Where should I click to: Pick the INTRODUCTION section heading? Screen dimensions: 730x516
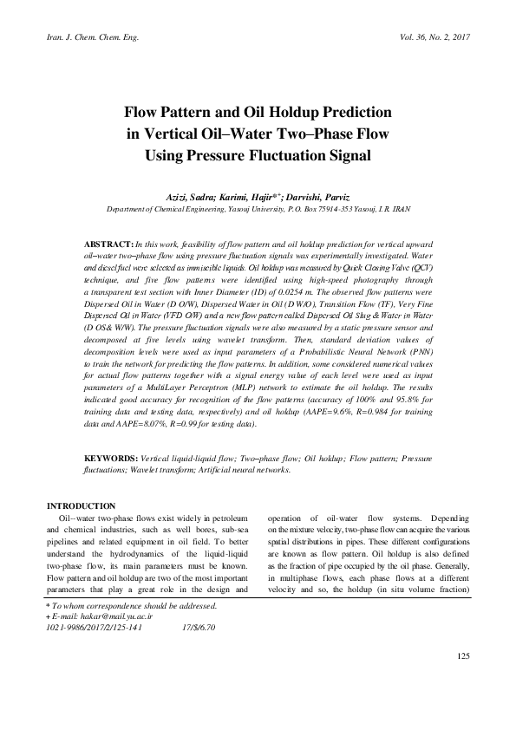pyautogui.click(x=81, y=505)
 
